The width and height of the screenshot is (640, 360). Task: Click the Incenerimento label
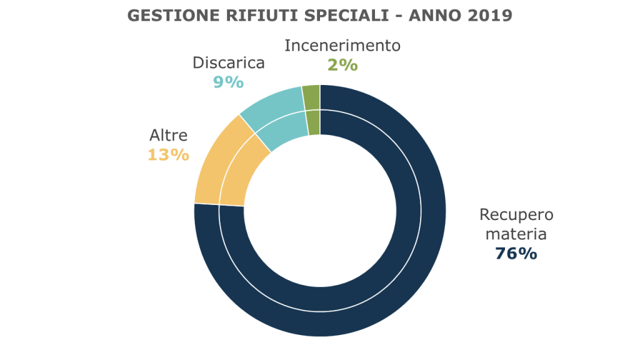click(342, 46)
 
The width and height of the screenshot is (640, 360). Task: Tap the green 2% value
click(342, 64)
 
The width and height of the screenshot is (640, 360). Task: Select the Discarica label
click(228, 63)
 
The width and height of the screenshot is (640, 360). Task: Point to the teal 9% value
click(228, 82)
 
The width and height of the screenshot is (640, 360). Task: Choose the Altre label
click(169, 136)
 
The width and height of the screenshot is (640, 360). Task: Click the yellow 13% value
click(168, 154)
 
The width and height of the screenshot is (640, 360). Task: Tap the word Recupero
click(516, 215)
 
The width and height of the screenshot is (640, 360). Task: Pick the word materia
click(516, 234)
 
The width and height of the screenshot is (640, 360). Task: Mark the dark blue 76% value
click(516, 254)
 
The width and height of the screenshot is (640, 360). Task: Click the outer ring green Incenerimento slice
click(311, 97)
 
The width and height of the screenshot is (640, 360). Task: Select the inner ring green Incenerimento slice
click(314, 122)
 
